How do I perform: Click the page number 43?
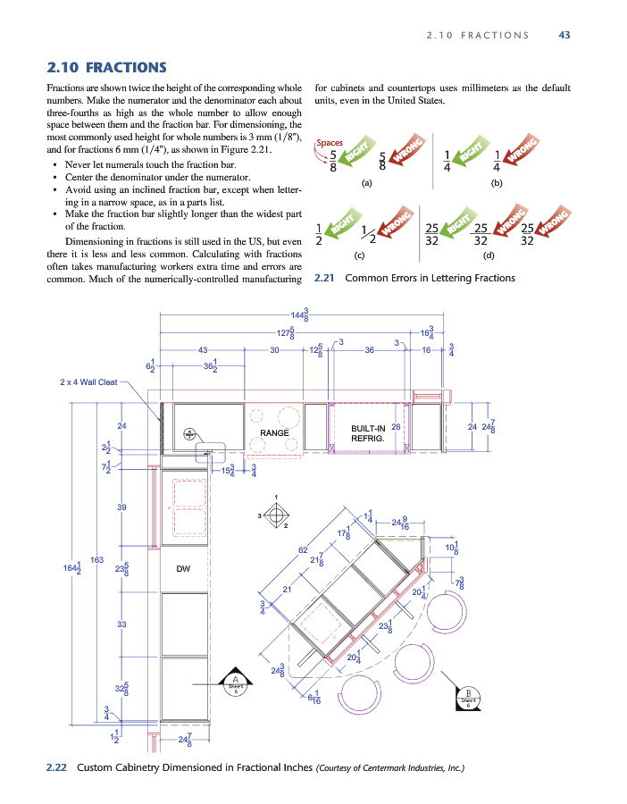click(x=564, y=35)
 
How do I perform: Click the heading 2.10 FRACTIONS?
click(x=106, y=67)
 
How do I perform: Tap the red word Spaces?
click(x=330, y=143)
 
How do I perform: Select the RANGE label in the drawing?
click(x=272, y=432)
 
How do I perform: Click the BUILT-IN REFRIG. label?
click(x=368, y=433)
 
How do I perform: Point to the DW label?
click(x=183, y=568)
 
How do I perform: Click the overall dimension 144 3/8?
click(x=300, y=314)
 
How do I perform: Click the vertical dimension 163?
click(x=96, y=560)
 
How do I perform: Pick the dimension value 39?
click(x=121, y=507)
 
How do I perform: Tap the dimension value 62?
click(x=303, y=549)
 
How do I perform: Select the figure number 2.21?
click(x=325, y=278)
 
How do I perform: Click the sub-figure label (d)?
click(x=489, y=255)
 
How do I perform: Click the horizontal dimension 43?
click(x=203, y=350)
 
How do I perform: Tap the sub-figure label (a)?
click(x=365, y=182)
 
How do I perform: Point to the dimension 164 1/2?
click(x=73, y=568)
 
